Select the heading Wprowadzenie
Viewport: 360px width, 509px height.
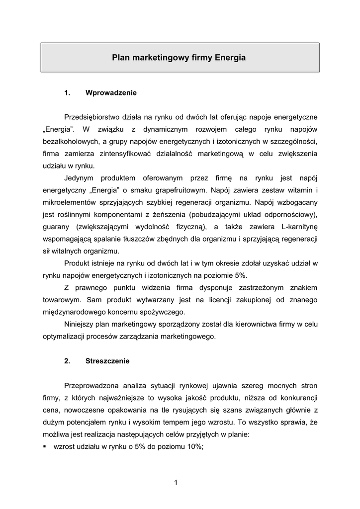111,92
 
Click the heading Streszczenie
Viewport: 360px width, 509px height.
107,361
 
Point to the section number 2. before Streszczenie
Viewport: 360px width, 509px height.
68,361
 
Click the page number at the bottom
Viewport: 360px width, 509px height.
176,482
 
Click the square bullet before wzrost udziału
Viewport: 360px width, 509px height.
45,446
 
